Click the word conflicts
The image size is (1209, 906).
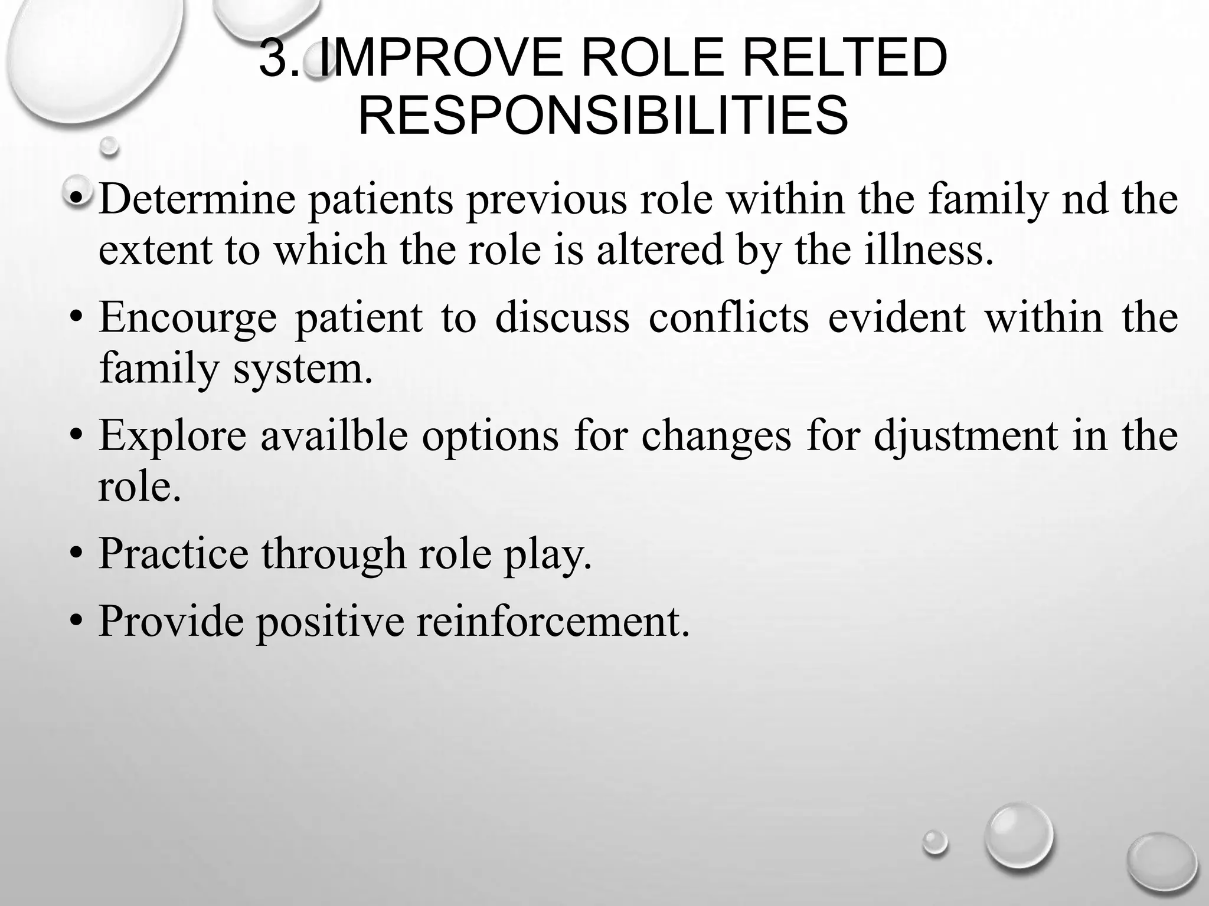[728, 317]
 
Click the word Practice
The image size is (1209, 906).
[174, 553]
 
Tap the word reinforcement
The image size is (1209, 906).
[553, 621]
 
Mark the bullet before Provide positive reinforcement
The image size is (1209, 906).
[75, 622]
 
